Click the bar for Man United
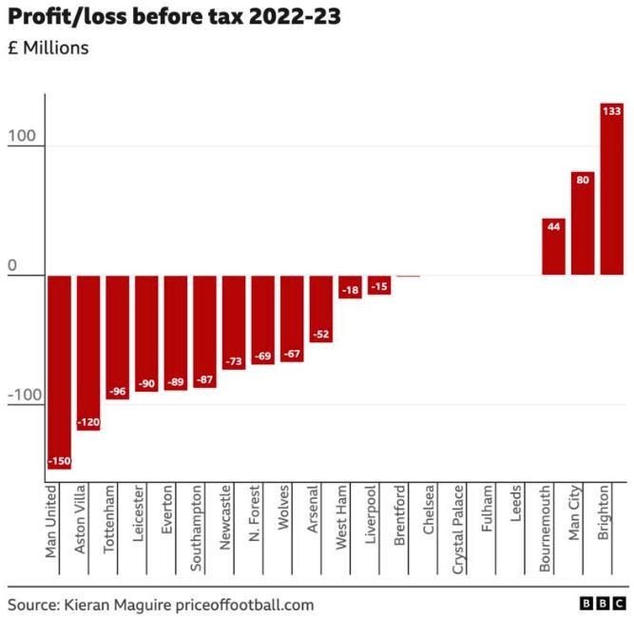(x=59, y=371)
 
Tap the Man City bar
(x=583, y=222)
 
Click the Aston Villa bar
(x=88, y=352)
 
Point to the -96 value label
(x=118, y=391)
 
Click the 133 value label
(x=611, y=111)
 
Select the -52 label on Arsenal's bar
(x=321, y=334)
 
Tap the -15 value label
(x=379, y=286)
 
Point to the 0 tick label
(x=13, y=266)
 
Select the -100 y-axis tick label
(x=25, y=395)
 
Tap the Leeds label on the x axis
(x=516, y=504)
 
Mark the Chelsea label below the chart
(x=430, y=509)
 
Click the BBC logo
(x=603, y=604)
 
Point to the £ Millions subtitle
(x=48, y=48)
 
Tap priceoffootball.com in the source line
(x=246, y=605)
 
